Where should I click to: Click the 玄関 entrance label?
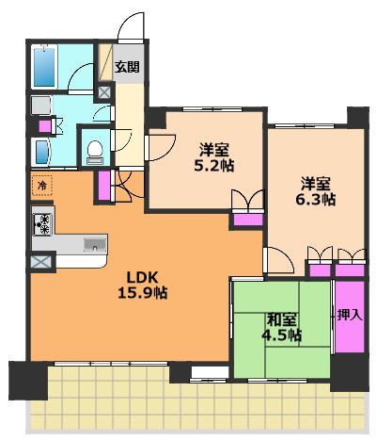[x=127, y=67]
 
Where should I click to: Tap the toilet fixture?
[x=94, y=153]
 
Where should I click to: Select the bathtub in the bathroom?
[x=44, y=66]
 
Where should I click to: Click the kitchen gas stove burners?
[x=42, y=224]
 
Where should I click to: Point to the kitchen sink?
[x=95, y=244]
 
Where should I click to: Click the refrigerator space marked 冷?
[x=41, y=186]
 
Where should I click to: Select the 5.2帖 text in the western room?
[x=214, y=165]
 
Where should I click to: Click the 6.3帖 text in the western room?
[x=315, y=200]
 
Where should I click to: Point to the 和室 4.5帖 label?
[x=281, y=328]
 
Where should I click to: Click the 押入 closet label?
[x=350, y=315]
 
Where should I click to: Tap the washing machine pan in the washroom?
[x=41, y=106]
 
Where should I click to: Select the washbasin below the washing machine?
[x=41, y=153]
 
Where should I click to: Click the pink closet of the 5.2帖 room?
[x=248, y=220]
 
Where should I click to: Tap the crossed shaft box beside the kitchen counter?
[x=40, y=262]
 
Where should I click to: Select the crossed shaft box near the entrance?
[x=103, y=92]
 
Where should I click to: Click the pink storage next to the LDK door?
[x=104, y=186]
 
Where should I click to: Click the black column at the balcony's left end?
[x=28, y=381]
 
